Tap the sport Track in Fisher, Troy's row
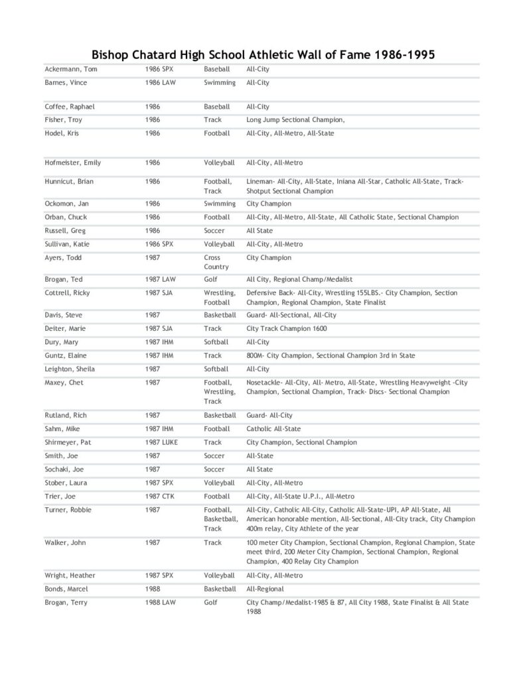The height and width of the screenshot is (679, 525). point(213,120)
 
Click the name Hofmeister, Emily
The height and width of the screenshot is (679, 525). point(73,162)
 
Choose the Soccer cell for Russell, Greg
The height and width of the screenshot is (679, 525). point(214,231)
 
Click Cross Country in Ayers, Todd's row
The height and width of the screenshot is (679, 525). point(216,262)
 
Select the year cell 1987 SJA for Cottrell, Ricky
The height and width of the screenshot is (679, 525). point(159,292)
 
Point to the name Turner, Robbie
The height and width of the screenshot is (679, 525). point(68,510)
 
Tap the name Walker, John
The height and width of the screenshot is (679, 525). point(66,542)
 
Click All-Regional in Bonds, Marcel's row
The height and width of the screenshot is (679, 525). point(265,589)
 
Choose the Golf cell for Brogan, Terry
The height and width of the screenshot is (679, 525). point(211,602)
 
